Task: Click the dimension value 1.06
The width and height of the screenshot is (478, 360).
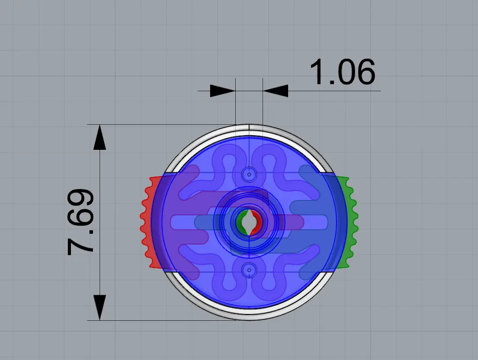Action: pyautogui.click(x=342, y=72)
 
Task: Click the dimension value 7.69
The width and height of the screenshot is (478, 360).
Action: pyautogui.click(x=81, y=222)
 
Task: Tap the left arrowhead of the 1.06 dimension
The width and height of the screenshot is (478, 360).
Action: pyautogui.click(x=222, y=91)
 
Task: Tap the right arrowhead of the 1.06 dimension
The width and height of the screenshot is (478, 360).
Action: pyautogui.click(x=275, y=91)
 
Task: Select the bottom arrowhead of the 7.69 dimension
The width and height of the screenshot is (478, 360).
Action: pyautogui.click(x=100, y=308)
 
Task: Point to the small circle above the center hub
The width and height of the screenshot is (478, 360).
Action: pyautogui.click(x=249, y=174)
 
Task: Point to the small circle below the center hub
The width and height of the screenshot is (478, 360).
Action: pyautogui.click(x=249, y=270)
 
